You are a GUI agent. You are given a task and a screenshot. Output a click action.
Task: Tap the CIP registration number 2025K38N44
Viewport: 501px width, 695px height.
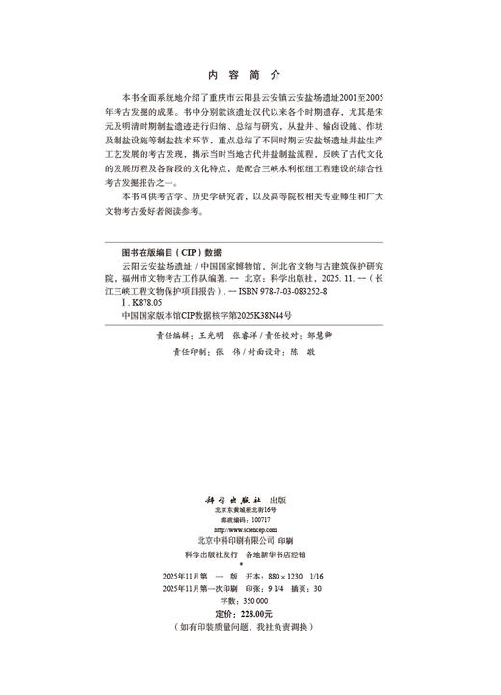click(x=261, y=314)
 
